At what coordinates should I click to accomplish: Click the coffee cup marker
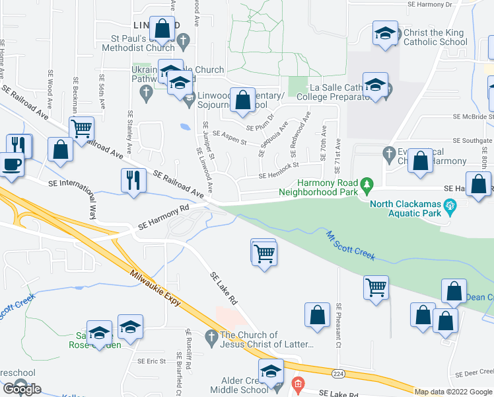(x=12, y=163)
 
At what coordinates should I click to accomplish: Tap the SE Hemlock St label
(x=279, y=175)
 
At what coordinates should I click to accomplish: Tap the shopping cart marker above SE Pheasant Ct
(x=376, y=287)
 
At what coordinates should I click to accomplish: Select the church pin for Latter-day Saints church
(x=211, y=337)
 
